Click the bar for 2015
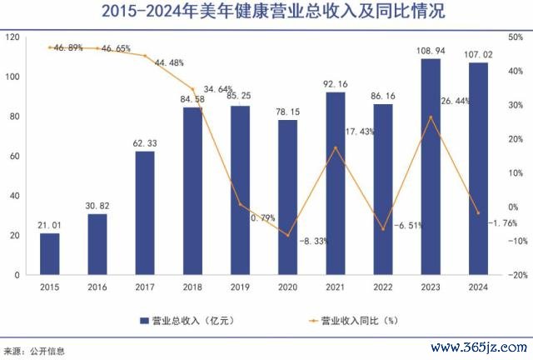pos(50,254)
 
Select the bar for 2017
pos(145,212)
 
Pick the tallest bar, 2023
pos(430,166)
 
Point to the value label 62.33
pos(145,143)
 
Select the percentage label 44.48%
pos(168,62)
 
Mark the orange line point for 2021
pos(335,148)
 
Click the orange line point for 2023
pos(430,117)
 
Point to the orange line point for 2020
pos(287,236)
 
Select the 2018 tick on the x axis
pos(192,287)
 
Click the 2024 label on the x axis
pos(477,287)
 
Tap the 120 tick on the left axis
pos(13,37)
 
